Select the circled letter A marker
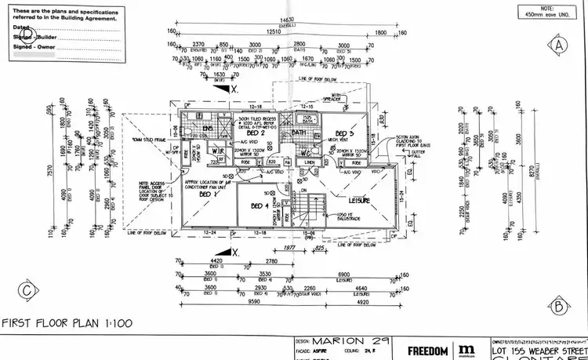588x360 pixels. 558,45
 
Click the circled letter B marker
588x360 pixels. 558,305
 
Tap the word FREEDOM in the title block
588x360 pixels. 427,350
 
